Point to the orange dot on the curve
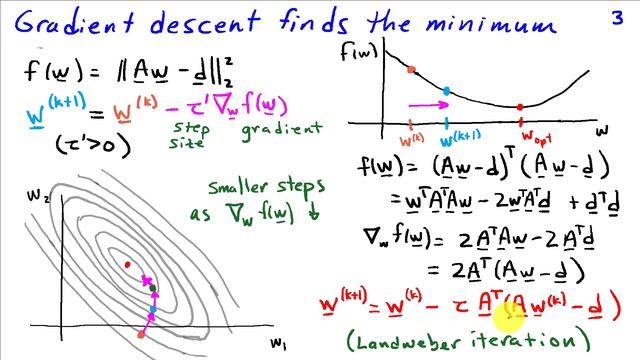pos(411,70)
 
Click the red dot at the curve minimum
pos(520,106)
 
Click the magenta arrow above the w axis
pos(427,103)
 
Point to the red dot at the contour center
pos(128,264)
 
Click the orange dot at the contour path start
pos(141,334)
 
